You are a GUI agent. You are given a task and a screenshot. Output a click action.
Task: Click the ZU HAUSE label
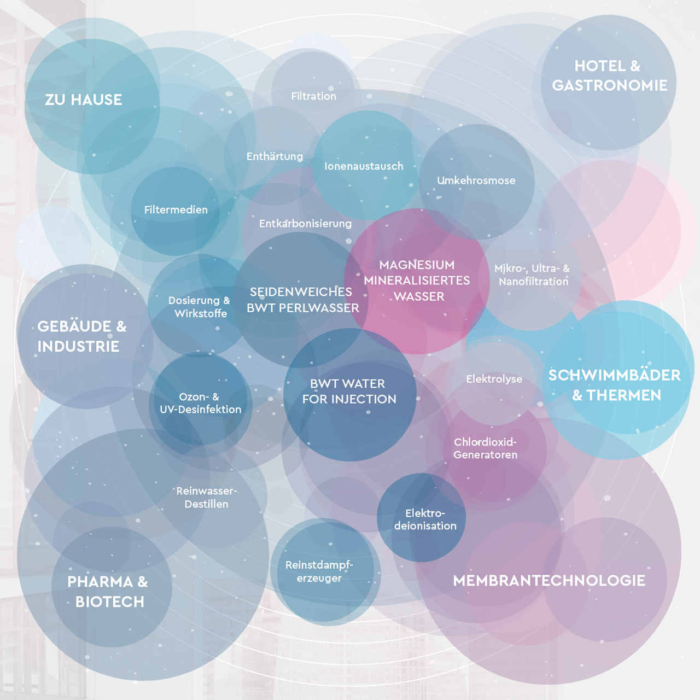click(x=83, y=100)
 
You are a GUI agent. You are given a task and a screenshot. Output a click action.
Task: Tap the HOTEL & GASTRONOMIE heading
click(x=610, y=75)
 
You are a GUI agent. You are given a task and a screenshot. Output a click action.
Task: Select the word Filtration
click(x=313, y=96)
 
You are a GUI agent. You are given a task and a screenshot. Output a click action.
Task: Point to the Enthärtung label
click(x=275, y=156)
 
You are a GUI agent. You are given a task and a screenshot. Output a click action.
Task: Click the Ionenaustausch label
click(x=364, y=166)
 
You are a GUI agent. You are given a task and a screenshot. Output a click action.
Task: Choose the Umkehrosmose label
click(x=476, y=180)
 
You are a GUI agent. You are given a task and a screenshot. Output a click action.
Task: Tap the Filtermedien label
click(x=176, y=209)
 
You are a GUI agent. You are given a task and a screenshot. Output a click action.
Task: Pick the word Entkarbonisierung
click(x=305, y=224)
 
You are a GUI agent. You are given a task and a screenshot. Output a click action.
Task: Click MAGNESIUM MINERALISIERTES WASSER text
click(x=417, y=281)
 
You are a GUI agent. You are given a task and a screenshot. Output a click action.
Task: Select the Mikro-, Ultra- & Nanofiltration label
click(x=532, y=275)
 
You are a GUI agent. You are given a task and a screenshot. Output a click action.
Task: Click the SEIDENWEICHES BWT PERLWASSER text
click(x=302, y=300)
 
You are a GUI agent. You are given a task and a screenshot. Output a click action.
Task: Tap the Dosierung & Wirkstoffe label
click(x=200, y=307)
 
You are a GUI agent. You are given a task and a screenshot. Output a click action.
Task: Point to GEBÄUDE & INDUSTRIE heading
click(x=81, y=336)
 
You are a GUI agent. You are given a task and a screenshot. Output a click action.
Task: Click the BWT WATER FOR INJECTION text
click(x=349, y=391)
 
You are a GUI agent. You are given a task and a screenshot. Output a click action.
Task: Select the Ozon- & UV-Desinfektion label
click(x=201, y=403)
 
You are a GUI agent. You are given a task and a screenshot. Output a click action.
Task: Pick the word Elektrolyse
click(x=494, y=379)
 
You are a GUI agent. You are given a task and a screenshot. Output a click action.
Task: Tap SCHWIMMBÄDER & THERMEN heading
click(x=614, y=386)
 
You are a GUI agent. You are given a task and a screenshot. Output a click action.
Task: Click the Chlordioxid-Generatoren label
click(x=485, y=448)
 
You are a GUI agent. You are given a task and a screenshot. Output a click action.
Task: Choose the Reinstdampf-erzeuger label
click(x=319, y=571)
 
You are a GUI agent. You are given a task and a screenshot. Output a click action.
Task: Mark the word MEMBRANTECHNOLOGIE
click(x=549, y=580)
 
